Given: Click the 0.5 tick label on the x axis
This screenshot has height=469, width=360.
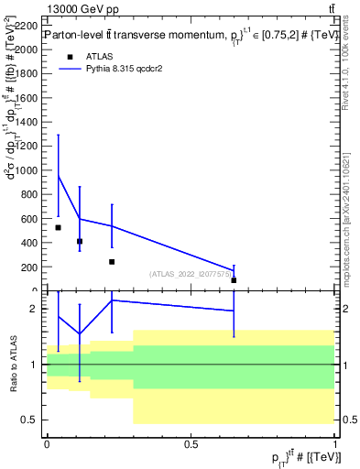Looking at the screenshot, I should pyautogui.click(x=191, y=444).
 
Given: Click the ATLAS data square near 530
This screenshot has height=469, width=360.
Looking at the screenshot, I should pyautogui.click(x=58, y=227).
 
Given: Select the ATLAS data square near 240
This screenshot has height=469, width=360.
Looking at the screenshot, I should pyautogui.click(x=112, y=262).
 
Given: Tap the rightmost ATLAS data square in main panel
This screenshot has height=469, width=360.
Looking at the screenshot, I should pyautogui.click(x=234, y=279).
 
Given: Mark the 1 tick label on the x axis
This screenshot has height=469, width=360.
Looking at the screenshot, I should pyautogui.click(x=334, y=444).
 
